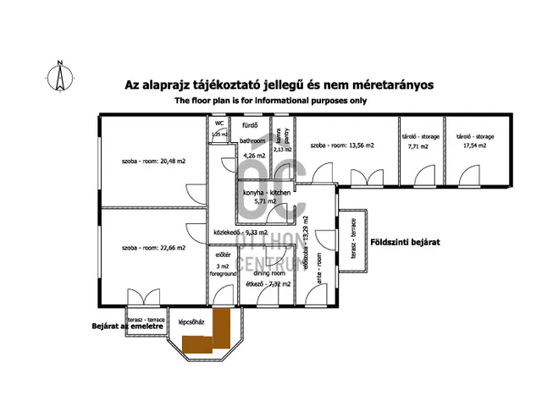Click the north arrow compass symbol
pyautogui.click(x=59, y=75)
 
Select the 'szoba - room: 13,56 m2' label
pyautogui.click(x=342, y=145)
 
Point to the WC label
pyautogui.click(x=219, y=123)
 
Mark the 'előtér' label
pyautogui.click(x=224, y=254)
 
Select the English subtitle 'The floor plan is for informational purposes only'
pyautogui.click(x=271, y=101)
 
